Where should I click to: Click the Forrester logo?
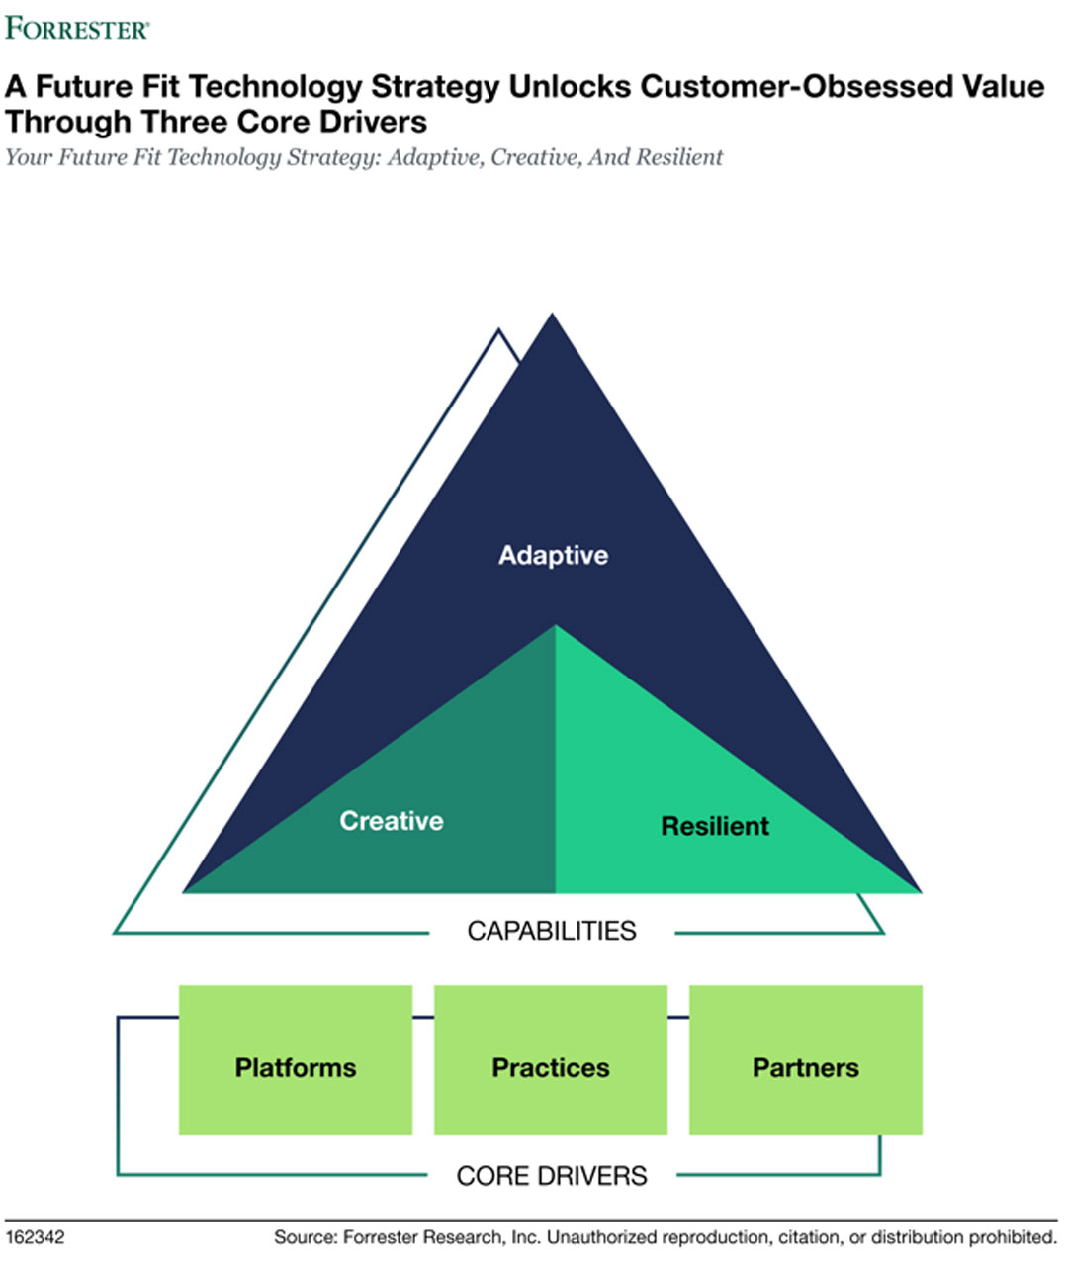77,28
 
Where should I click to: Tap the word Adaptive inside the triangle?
553,555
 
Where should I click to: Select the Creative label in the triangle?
392,821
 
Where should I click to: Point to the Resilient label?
714,826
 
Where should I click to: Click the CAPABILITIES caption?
552,931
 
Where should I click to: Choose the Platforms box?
295,1060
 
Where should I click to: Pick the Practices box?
551,1060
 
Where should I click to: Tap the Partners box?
805,1060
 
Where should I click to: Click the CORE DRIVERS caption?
552,1176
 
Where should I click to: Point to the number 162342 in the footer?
35,1237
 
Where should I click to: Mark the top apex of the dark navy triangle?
552,316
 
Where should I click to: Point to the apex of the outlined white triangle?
498,331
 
